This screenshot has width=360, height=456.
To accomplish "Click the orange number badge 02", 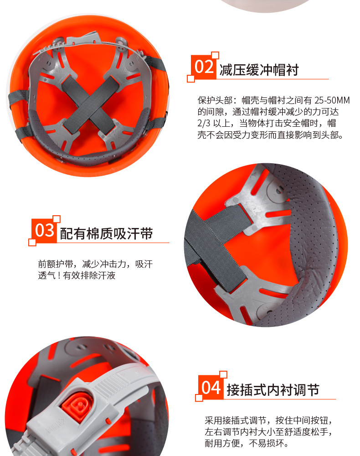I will coord(204,67).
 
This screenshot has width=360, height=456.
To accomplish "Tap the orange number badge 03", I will coord(45,231).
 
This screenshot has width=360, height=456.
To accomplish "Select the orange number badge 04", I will coord(211,388).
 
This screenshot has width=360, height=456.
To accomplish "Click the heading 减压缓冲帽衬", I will coord(259,70).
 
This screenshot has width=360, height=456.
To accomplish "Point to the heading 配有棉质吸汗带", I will coord(106,234).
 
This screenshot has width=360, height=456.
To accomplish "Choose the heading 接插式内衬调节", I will coord(274,390).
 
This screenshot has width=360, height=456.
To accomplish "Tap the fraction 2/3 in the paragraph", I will coord(205,124).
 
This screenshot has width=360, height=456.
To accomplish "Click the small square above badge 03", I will coord(57,219).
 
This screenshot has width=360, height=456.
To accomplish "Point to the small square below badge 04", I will coord(199,398).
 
